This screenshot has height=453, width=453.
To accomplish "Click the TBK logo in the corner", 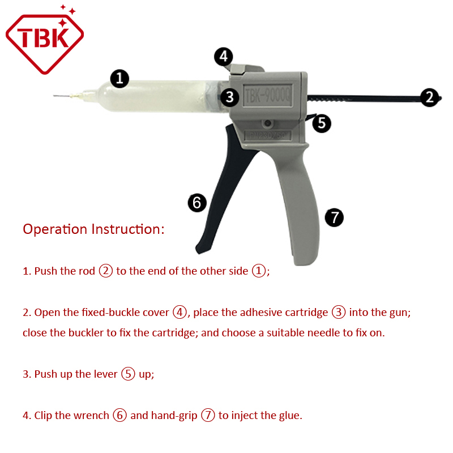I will pyautogui.click(x=44, y=40).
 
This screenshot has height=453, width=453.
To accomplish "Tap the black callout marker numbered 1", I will pyautogui.click(x=119, y=78).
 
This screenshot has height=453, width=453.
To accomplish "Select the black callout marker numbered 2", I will pyautogui.click(x=430, y=97).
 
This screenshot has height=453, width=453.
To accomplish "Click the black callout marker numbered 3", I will pyautogui.click(x=229, y=97).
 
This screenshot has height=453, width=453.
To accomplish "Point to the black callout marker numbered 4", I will pyautogui.click(x=224, y=57).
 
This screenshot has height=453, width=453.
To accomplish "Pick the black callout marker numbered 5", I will pyautogui.click(x=322, y=123).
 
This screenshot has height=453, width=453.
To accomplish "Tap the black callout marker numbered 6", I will pyautogui.click(x=196, y=203).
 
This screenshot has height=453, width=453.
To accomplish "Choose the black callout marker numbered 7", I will pyautogui.click(x=334, y=217).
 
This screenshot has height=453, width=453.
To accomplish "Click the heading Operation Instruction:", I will pyautogui.click(x=93, y=229).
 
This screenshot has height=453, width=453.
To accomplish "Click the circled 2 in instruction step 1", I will pyautogui.click(x=106, y=271).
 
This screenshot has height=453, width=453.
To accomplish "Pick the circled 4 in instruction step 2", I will pyautogui.click(x=180, y=312).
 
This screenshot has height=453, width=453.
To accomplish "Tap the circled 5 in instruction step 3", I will pyautogui.click(x=128, y=374).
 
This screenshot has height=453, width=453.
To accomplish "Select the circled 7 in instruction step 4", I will pyautogui.click(x=208, y=415).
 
